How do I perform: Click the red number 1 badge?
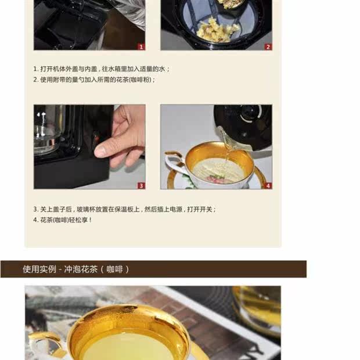click(x=141, y=47)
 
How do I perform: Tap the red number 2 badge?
click(x=268, y=47)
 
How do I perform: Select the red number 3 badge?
click(x=141, y=185)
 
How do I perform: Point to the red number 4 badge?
click(x=268, y=185)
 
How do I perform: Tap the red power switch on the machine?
click(x=96, y=138)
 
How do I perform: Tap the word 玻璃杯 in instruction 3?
click(x=85, y=209)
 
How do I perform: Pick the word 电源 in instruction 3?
click(x=176, y=209)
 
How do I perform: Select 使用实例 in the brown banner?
click(x=39, y=269)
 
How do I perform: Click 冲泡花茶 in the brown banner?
click(x=81, y=269)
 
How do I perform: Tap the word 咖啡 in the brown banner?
click(x=114, y=269)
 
